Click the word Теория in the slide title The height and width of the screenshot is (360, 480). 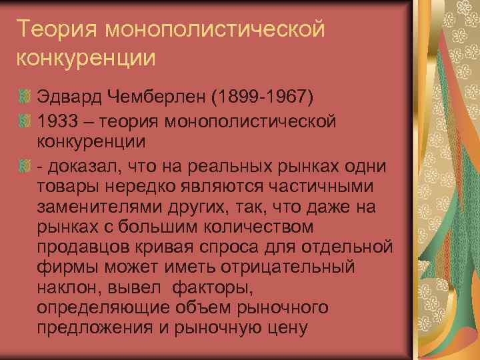point(56,30)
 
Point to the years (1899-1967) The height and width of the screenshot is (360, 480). point(262,97)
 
